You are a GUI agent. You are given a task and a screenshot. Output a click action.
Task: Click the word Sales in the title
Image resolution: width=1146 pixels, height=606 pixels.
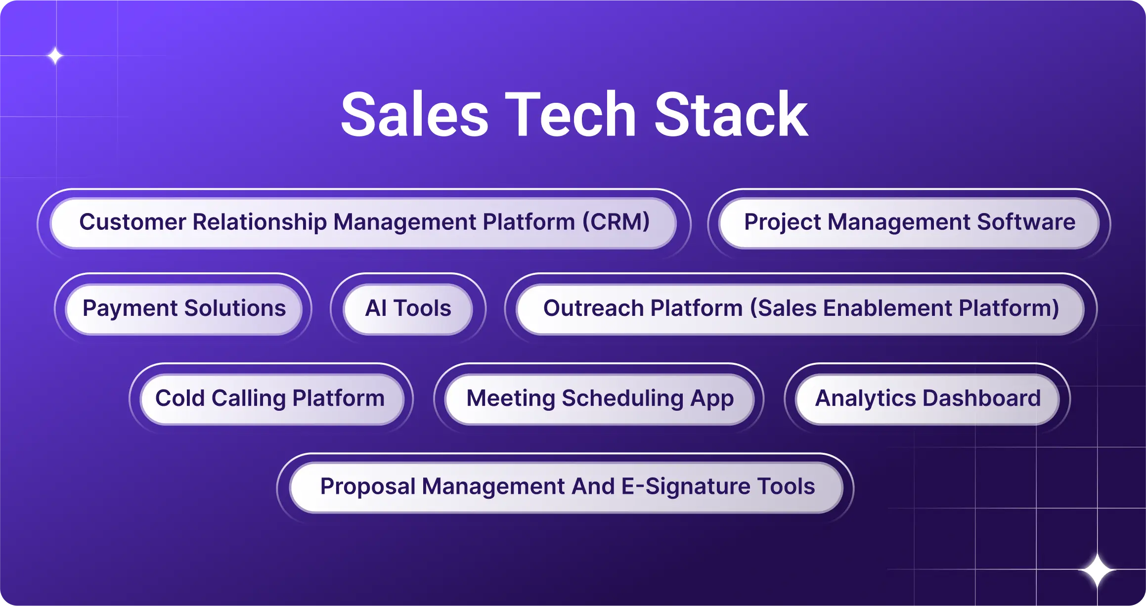[x=415, y=115]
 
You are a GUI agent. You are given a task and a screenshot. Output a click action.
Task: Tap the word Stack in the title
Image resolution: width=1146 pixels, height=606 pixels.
[x=731, y=115]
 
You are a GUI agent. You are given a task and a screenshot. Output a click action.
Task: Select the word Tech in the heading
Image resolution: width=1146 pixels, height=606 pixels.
[x=570, y=115]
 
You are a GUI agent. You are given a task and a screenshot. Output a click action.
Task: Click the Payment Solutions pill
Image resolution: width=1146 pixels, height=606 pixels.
[x=184, y=308]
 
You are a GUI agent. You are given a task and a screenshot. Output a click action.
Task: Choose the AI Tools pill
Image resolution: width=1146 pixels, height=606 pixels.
[x=408, y=308]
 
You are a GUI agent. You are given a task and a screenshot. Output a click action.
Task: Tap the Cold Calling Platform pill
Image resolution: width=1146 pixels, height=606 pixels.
[x=270, y=398]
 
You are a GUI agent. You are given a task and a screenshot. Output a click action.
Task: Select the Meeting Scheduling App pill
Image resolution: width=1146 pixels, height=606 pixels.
[x=600, y=398]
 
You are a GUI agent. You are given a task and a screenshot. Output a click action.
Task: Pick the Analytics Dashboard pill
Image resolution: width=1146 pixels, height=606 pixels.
[x=927, y=398]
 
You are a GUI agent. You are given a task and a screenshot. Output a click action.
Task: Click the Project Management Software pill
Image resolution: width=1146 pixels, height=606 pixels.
[x=909, y=222]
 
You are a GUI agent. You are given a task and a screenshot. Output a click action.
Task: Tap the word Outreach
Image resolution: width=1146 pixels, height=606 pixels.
[x=593, y=308]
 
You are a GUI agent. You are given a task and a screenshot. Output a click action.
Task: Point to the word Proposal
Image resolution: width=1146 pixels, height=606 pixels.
[x=367, y=486]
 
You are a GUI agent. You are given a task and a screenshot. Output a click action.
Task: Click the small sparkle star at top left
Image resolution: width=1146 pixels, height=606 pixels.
[x=55, y=56]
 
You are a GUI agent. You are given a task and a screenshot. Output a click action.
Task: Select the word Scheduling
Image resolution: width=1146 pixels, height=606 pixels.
[x=622, y=398]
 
